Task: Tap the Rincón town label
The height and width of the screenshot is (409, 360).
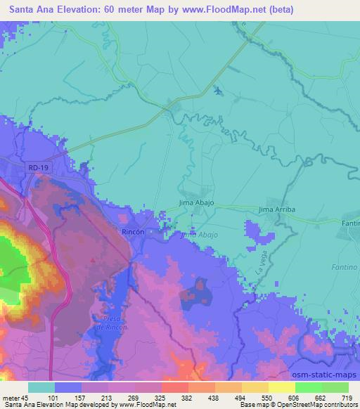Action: [x=134, y=231]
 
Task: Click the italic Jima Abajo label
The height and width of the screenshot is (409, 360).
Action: [x=199, y=235]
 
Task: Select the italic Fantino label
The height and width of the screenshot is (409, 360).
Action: [x=345, y=268]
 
